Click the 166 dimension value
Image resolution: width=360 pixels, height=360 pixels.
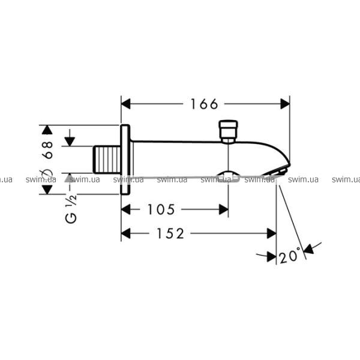tap(204, 104)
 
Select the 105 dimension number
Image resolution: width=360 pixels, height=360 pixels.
tap(161, 209)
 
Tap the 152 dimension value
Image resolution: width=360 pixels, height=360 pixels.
tap(170, 233)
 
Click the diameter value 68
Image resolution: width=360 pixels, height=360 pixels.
tap(47, 149)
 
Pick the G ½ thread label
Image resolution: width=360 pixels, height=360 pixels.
tap(71, 209)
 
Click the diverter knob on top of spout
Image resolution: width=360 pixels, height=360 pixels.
tap(228, 131)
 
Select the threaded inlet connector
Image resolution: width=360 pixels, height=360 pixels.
tap(107, 160)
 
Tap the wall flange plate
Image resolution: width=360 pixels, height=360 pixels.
tap(125, 160)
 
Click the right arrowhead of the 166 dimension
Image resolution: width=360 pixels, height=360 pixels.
tap(285, 104)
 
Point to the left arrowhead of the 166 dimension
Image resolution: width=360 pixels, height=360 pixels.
tap(126, 104)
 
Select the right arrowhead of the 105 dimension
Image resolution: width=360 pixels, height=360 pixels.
tap(224, 209)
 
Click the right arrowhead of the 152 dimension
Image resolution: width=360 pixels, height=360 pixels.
tap(272, 233)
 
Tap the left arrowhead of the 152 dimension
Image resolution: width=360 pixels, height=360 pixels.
tap(126, 233)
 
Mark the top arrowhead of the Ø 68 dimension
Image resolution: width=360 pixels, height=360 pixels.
tap(47, 130)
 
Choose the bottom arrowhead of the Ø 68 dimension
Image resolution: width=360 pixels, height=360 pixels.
tap(47, 190)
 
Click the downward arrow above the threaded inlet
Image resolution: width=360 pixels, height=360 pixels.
tap(70, 138)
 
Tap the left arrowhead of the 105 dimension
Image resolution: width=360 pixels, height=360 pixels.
tap(126, 209)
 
